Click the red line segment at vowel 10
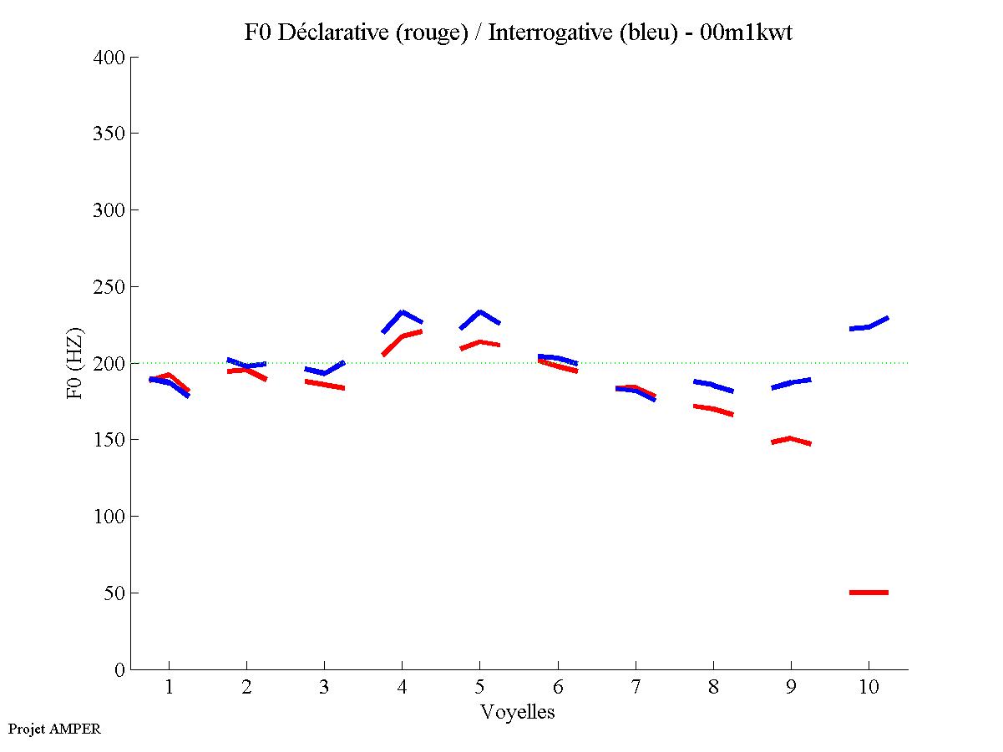[869, 592]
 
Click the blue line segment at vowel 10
[869, 326]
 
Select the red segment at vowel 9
[790, 439]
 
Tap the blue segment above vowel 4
[403, 312]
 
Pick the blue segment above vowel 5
[479, 312]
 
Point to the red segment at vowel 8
[712, 409]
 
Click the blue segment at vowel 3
[324, 372]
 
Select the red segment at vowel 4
[403, 336]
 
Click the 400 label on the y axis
[109, 58]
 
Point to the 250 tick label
[109, 287]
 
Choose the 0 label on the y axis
[120, 670]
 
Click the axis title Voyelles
[518, 713]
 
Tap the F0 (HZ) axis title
[75, 363]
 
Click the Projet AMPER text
[54, 729]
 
